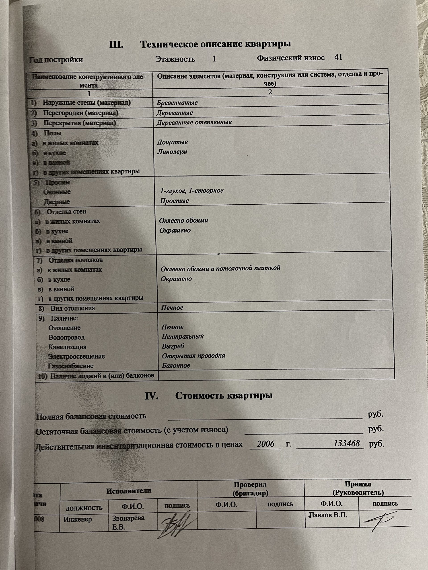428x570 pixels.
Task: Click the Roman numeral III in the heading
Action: [x=116, y=45]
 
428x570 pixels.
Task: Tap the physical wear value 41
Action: [x=338, y=57]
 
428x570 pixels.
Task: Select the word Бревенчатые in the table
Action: [x=177, y=103]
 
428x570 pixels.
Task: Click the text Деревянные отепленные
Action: [x=194, y=122]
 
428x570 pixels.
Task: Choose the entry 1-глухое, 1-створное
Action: [x=192, y=191]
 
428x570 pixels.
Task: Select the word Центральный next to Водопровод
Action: [x=183, y=336]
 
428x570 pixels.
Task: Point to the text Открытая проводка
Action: [x=193, y=356]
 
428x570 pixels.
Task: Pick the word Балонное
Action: [x=176, y=366]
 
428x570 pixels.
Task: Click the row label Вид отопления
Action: [x=72, y=308]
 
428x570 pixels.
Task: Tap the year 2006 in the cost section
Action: [x=265, y=444]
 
